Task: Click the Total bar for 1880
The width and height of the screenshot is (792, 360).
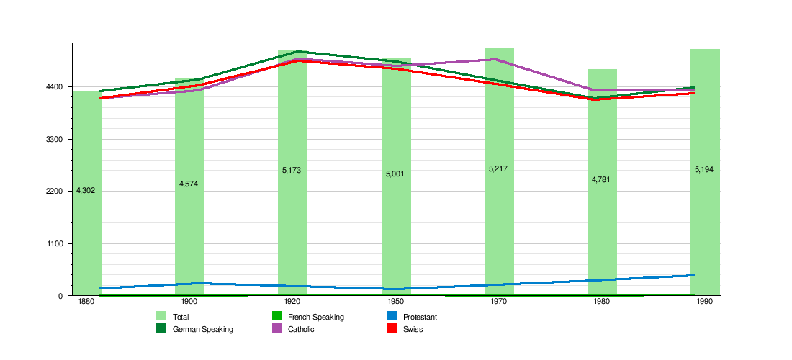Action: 86,216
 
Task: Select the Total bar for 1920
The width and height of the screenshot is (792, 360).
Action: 292,216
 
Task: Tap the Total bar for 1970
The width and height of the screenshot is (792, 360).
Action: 499,216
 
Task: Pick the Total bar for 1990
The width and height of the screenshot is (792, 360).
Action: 705,216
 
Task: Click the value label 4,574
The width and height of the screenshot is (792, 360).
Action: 189,184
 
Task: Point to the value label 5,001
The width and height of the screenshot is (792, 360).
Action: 395,174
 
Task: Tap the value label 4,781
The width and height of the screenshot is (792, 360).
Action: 601,179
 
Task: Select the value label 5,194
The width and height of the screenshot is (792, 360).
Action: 704,169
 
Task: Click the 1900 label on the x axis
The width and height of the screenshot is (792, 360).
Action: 189,302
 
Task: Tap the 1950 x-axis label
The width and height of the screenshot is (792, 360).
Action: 396,302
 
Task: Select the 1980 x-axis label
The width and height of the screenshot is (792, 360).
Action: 602,302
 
